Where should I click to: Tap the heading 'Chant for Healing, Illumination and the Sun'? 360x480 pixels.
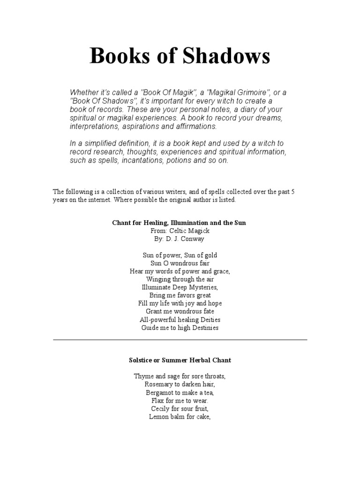tap(179, 223)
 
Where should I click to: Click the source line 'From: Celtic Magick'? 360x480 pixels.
tap(180, 231)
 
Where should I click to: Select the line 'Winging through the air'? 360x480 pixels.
tap(180, 279)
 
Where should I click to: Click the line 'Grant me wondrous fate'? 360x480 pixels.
tap(180, 311)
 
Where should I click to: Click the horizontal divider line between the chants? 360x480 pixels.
tap(180, 339)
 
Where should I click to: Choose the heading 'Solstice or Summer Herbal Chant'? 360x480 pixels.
tap(180, 360)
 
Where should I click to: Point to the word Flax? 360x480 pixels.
tap(158, 400)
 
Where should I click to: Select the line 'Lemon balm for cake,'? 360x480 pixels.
tap(180, 416)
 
